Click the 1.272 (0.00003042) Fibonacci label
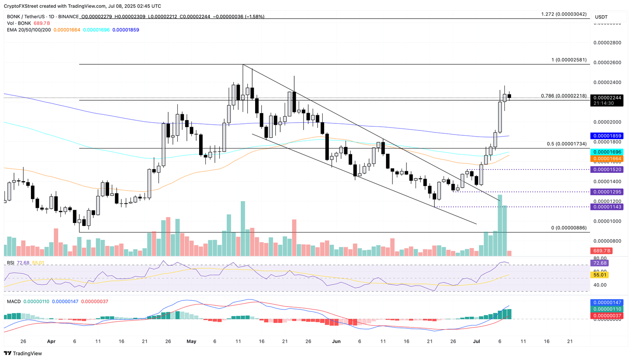pyautogui.click(x=564, y=14)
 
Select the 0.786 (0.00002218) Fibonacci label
pyautogui.click(x=564, y=96)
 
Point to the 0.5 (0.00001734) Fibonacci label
pyautogui.click(x=567, y=144)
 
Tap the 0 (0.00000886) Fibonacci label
pyautogui.click(x=569, y=228)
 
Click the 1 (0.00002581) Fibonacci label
pyautogui.click(x=569, y=60)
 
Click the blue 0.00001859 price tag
pyautogui.click(x=606, y=135)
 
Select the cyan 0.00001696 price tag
pyautogui.click(x=606, y=152)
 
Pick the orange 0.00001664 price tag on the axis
pyautogui.click(x=606, y=158)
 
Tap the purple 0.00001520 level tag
pyautogui.click(x=606, y=170)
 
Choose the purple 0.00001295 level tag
pyautogui.click(x=606, y=192)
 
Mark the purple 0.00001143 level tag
pyautogui.click(x=606, y=207)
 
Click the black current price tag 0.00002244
pyautogui.click(x=606, y=98)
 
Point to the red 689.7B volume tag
pyautogui.click(x=601, y=251)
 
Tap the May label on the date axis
pyautogui.click(x=191, y=341)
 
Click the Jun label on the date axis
pyautogui.click(x=336, y=341)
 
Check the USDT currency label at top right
pyautogui.click(x=601, y=17)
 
